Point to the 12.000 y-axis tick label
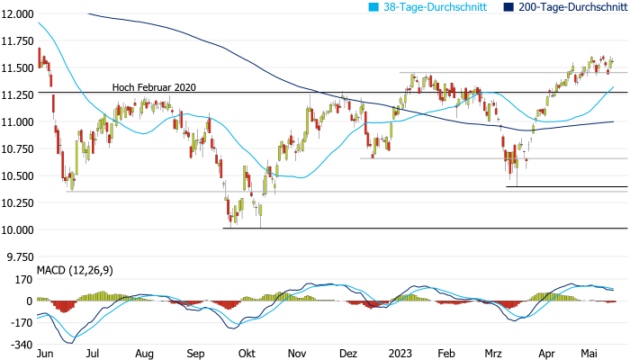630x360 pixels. (x=17, y=14)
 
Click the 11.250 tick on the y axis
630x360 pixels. (x=17, y=94)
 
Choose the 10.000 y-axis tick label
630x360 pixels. (x=17, y=229)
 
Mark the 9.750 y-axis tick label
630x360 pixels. (x=19, y=256)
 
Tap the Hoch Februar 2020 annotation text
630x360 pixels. (x=154, y=88)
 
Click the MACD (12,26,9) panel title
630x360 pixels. (x=75, y=270)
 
